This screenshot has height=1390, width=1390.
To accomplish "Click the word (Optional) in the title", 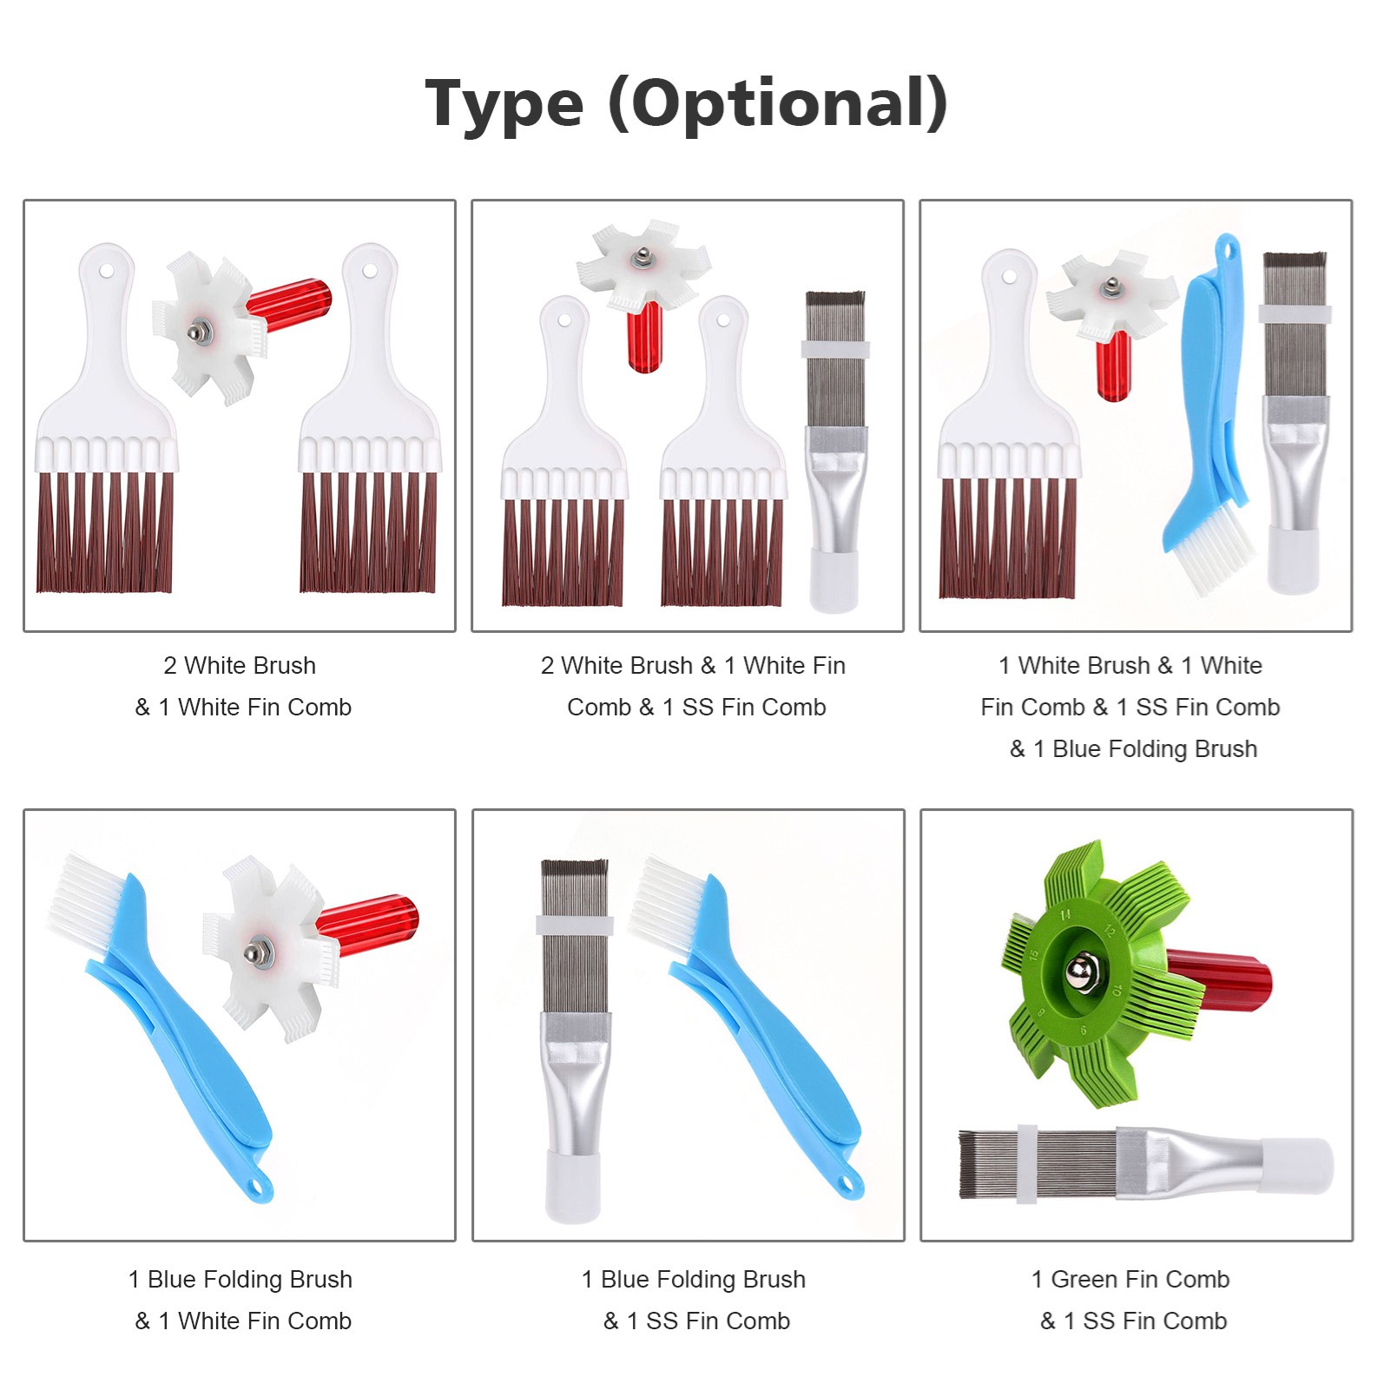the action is pyautogui.click(x=778, y=103).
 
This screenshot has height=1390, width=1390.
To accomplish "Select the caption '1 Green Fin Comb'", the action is pyautogui.click(x=1130, y=1279).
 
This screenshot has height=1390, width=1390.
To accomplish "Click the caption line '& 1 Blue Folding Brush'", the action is pyautogui.click(x=1133, y=748).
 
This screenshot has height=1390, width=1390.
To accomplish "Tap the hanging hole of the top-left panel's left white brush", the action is pyautogui.click(x=106, y=271).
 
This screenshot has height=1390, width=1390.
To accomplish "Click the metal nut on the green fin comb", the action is pyautogui.click(x=1081, y=970).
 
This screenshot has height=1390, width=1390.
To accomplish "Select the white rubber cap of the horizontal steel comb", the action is pyautogui.click(x=1296, y=1165).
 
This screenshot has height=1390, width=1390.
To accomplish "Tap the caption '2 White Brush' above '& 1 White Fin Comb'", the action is pyautogui.click(x=240, y=665).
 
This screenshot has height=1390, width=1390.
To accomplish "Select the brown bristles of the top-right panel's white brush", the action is pyautogui.click(x=1008, y=537).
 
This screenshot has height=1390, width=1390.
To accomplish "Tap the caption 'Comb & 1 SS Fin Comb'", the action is pyautogui.click(x=696, y=707).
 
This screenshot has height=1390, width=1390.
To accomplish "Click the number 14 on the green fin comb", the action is pyautogui.click(x=1065, y=913).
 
